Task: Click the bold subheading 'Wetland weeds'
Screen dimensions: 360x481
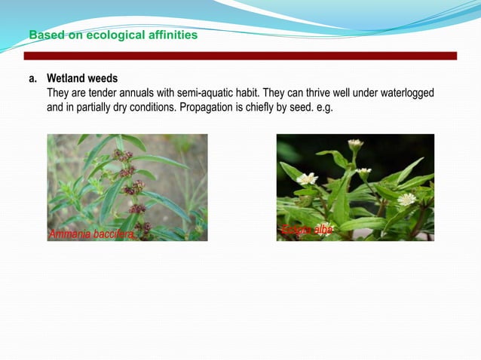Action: point(82,78)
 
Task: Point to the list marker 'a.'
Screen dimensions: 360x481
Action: point(33,78)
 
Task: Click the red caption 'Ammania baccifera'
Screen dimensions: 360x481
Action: point(91,234)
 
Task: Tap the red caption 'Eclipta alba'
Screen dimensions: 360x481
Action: point(307,230)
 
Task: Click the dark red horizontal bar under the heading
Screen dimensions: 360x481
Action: point(240,56)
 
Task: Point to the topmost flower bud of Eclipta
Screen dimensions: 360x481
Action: point(355,143)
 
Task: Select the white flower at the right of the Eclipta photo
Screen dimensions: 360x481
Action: point(407,199)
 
